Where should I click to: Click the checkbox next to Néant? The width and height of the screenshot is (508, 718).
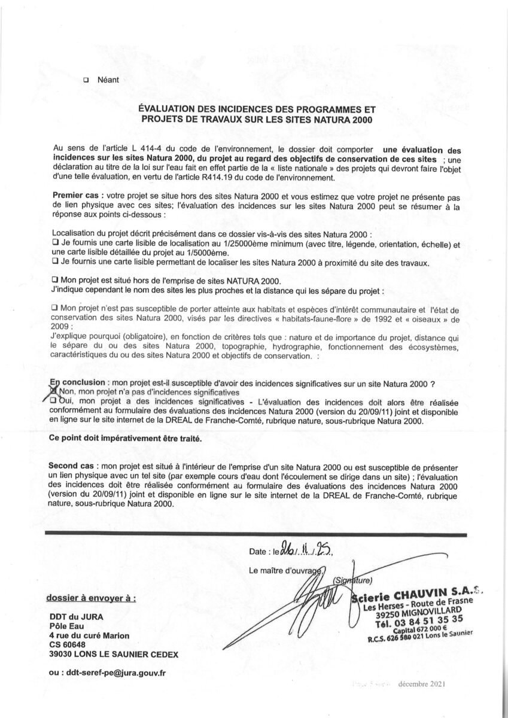86,80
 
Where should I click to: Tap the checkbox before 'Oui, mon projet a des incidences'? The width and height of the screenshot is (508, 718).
54,400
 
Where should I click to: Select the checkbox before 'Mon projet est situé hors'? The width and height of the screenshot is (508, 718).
55,279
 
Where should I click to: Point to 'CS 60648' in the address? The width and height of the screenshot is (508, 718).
68,644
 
